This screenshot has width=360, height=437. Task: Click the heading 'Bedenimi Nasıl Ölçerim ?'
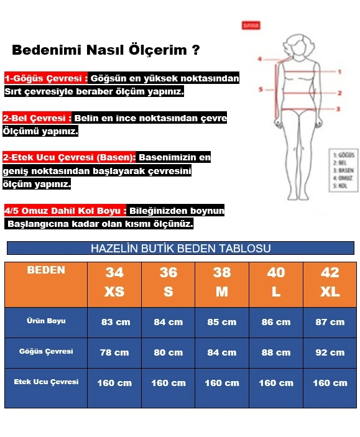click(x=106, y=50)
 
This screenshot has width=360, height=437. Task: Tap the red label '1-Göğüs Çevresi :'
click(x=45, y=79)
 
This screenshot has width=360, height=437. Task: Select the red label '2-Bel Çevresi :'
click(x=37, y=118)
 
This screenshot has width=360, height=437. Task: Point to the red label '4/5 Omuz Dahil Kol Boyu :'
click(x=65, y=211)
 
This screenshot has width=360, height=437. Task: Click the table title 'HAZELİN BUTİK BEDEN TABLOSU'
click(x=180, y=249)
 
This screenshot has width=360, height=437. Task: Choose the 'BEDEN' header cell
click(x=46, y=270)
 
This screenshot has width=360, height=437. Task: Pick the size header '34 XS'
click(x=114, y=282)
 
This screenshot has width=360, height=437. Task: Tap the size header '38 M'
click(x=222, y=282)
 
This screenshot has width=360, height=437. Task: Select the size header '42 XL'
click(x=330, y=282)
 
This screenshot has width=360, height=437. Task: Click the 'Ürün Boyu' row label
click(x=46, y=321)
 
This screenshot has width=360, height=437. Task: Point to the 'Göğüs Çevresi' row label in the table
click(x=46, y=351)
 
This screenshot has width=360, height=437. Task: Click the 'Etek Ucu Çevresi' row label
click(x=46, y=382)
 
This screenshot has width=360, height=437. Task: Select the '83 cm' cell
click(x=114, y=322)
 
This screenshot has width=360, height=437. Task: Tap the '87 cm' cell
click(x=330, y=322)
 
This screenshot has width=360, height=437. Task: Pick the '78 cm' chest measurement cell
click(x=114, y=352)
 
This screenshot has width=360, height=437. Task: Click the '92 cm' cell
click(x=330, y=352)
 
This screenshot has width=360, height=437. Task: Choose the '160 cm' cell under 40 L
click(x=276, y=382)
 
